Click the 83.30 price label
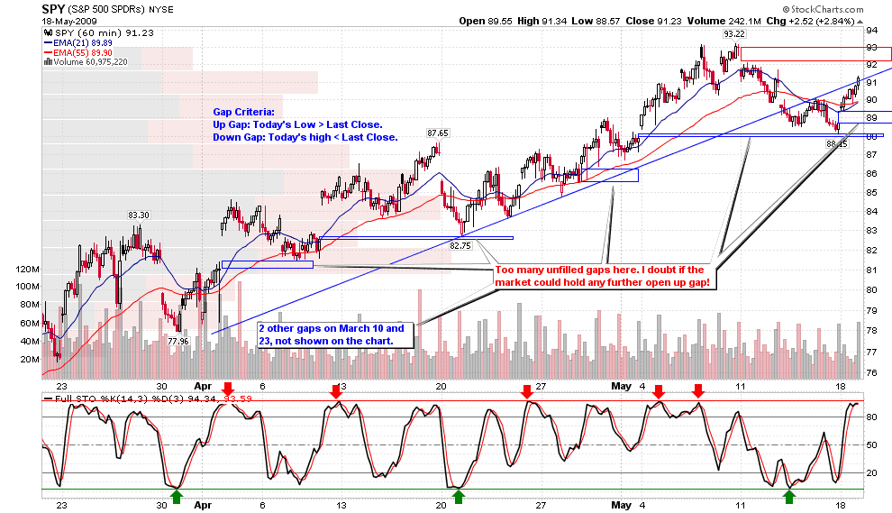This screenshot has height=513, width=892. coord(138,215)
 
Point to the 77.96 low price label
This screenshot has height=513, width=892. coord(177,342)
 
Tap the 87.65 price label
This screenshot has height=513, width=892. coord(438,133)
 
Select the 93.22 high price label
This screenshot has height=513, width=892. coord(733,34)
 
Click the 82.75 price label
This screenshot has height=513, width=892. coord(460,245)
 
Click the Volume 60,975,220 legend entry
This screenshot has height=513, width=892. coord(89,62)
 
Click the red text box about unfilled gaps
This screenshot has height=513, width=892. coord(601,276)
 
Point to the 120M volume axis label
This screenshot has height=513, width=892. coord(29,269)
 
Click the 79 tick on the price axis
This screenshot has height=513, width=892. coord(872,310)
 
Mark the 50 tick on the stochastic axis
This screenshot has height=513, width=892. coord(872,444)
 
